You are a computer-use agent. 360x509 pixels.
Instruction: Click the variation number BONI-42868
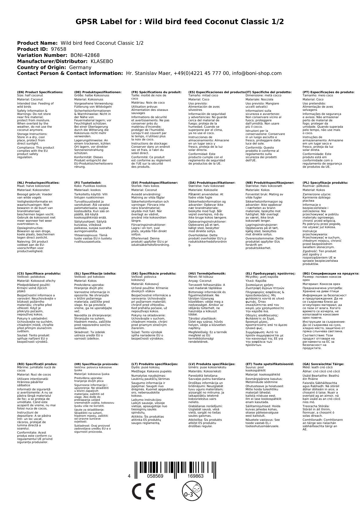pyautogui.click(x=85, y=55)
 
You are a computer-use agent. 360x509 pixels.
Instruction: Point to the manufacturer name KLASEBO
pyautogui.click(x=102, y=61)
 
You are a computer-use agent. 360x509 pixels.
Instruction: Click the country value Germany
pyautogui.click(x=80, y=67)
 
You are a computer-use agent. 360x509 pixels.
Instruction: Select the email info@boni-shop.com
pyautogui.click(x=257, y=73)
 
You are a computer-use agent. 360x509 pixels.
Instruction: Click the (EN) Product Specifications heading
pyautogui.click(x=40, y=92)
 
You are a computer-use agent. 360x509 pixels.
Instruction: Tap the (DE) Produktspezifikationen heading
pyautogui.click(x=98, y=92)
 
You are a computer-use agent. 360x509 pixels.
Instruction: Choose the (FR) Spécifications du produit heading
pyautogui.click(x=156, y=92)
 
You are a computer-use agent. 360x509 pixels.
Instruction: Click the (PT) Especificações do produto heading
pyautogui.click(x=328, y=92)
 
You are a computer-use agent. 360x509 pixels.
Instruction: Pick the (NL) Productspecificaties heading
pyautogui.click(x=38, y=183)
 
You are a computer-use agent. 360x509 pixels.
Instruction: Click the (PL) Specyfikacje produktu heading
pyautogui.click(x=325, y=183)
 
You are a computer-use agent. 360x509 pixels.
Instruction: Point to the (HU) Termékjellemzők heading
pyautogui.click(x=207, y=273)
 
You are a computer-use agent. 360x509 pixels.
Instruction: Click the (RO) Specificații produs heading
pyautogui.click(x=37, y=364)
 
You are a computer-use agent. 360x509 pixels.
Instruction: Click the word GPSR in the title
pyautogui.click(x=87, y=22)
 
